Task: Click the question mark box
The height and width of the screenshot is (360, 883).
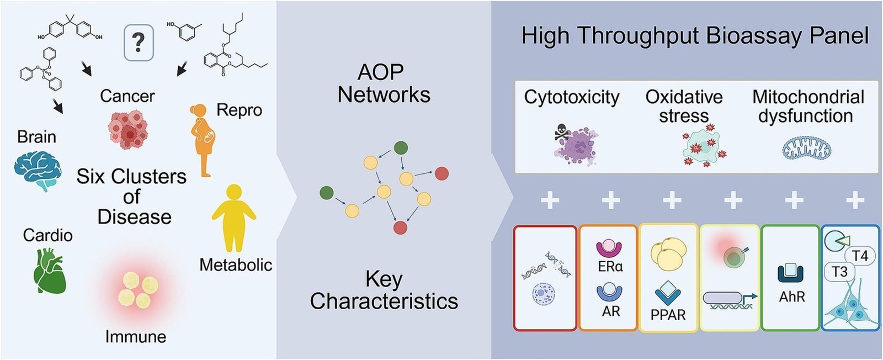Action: coord(139,43)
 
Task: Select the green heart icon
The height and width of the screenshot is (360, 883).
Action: coord(49,271)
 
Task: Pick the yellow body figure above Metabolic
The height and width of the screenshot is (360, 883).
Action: coord(234,218)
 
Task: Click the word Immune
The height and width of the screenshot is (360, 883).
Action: coord(136,337)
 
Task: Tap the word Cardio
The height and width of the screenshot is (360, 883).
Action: coord(47,235)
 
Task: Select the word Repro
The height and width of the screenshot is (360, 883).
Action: coord(239,110)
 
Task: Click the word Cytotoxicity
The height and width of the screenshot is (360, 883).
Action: coord(572,97)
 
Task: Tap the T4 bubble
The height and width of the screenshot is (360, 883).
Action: coord(860,256)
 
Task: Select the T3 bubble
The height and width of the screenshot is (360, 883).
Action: coord(839,272)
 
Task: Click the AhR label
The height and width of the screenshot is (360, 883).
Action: coord(792,297)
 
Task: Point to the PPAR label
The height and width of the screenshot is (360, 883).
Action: coord(668,315)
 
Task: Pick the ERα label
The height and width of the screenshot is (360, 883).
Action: coord(610,267)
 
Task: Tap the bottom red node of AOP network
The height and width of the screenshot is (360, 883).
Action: coord(400,227)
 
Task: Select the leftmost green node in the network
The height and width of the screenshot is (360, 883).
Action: coord(326,193)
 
